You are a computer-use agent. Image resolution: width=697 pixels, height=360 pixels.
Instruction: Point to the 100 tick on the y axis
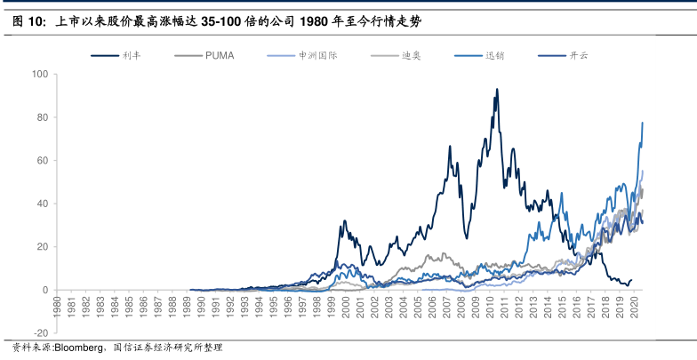click(40, 75)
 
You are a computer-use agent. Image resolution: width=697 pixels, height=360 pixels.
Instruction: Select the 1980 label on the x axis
click(58, 304)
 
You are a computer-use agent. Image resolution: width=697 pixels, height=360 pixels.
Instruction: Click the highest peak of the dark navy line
click(496, 89)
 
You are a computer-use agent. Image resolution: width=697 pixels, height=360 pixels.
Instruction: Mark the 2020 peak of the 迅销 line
click(642, 123)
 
